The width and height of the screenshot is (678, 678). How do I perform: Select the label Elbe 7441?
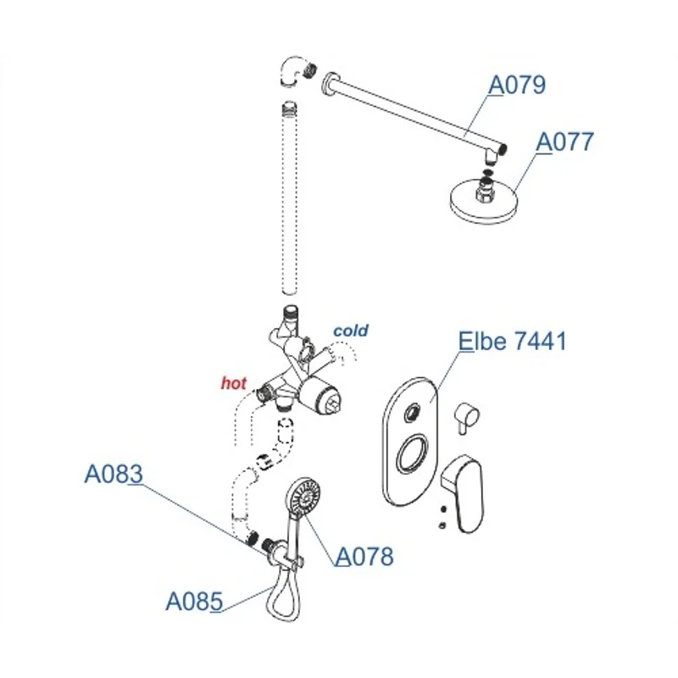pyautogui.click(x=512, y=341)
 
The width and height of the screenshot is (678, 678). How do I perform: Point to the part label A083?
pyautogui.click(x=112, y=474)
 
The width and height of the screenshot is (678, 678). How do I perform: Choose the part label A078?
pyautogui.click(x=364, y=557)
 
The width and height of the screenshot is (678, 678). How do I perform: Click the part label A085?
pyautogui.click(x=193, y=602)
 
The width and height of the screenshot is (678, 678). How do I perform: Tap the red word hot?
pyautogui.click(x=233, y=383)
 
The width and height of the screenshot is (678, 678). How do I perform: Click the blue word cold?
pyautogui.click(x=350, y=330)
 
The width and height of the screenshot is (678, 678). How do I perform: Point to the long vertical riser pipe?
pyautogui.click(x=290, y=203)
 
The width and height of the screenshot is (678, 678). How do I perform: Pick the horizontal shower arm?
pyautogui.click(x=415, y=114)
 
